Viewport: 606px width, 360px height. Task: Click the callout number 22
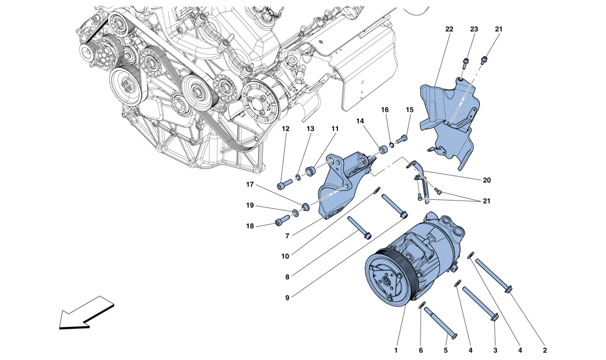point(449,30)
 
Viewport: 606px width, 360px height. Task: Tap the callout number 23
point(474,30)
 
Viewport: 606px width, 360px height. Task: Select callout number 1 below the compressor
point(396,349)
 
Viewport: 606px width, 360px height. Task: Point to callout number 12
point(285,129)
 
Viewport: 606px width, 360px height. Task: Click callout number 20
point(486,180)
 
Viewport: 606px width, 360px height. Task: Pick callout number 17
point(249,184)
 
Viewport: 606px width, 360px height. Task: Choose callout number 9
point(288,298)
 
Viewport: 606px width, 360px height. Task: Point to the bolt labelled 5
point(439,322)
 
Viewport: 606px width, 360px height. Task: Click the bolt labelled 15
point(403,139)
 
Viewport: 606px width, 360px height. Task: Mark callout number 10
point(285,257)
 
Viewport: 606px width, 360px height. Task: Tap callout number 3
point(495,349)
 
